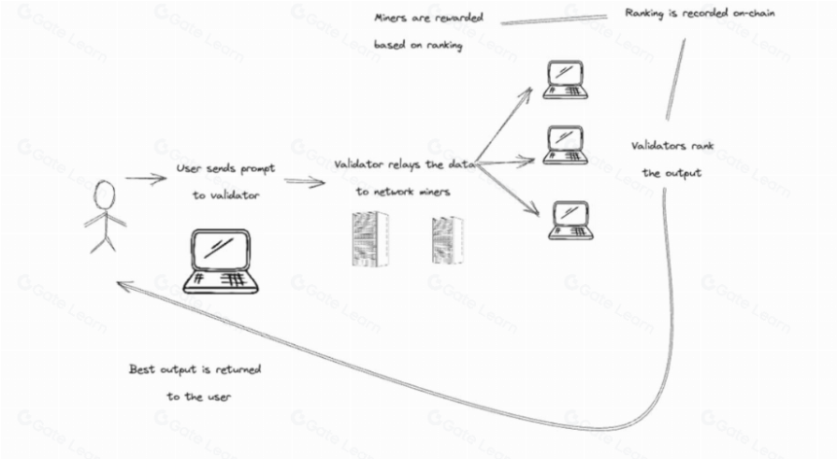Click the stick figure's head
pos(104,194)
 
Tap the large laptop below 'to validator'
pos(221,262)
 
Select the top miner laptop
pos(565,80)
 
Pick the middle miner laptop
pos(565,145)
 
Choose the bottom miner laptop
pos(570,220)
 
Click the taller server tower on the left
pos(370,238)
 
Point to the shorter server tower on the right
pos(448,239)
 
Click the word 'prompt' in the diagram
pos(257,169)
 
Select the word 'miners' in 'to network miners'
pos(434,192)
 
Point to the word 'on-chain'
pos(753,13)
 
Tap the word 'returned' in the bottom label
pos(238,369)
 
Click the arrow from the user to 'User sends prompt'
pos(146,179)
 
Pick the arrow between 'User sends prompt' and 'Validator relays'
pos(305,182)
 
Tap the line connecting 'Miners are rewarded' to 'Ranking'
pos(554,19)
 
